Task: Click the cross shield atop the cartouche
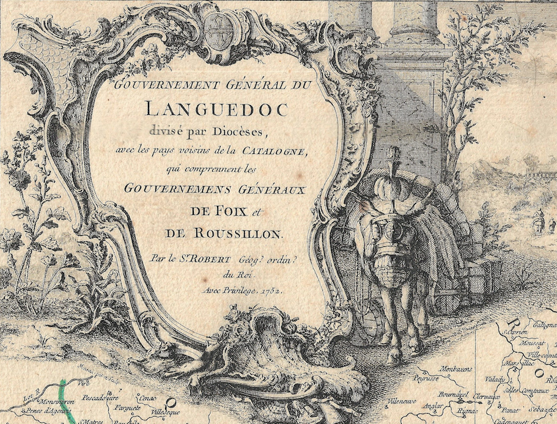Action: pyautogui.click(x=219, y=26)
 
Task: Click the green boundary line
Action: pyautogui.click(x=66, y=400)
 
